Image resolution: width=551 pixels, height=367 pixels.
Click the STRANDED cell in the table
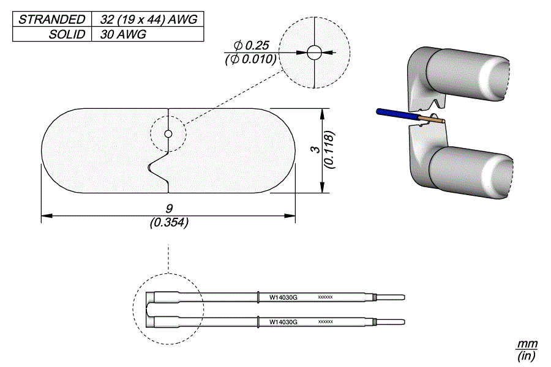click(51, 19)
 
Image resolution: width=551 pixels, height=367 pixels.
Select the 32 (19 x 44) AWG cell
click(147, 19)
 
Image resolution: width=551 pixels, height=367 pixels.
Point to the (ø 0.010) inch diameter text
click(252, 59)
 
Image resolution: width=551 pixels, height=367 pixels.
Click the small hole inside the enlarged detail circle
click(314, 53)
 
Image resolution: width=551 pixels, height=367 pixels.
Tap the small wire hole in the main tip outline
click(168, 134)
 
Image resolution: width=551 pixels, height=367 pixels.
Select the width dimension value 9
click(169, 209)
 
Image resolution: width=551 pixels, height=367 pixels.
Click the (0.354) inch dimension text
click(169, 223)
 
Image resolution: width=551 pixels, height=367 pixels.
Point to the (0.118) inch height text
click(329, 149)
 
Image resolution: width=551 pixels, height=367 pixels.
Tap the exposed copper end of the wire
click(432, 121)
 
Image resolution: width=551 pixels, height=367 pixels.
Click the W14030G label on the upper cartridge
click(283, 297)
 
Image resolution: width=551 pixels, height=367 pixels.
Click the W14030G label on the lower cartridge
click(283, 322)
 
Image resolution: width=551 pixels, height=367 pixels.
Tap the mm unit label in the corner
click(527, 344)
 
